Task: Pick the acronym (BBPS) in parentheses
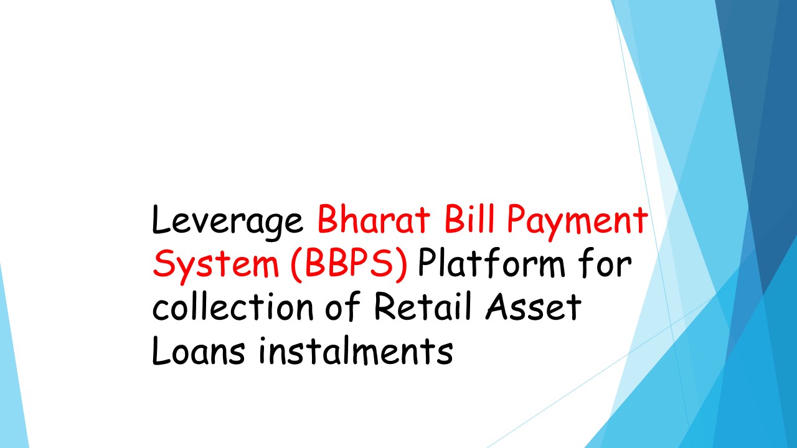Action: point(349,264)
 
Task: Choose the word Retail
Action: point(425,307)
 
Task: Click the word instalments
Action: point(355,350)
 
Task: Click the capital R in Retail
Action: point(385,307)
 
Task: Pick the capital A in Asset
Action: point(502,306)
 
